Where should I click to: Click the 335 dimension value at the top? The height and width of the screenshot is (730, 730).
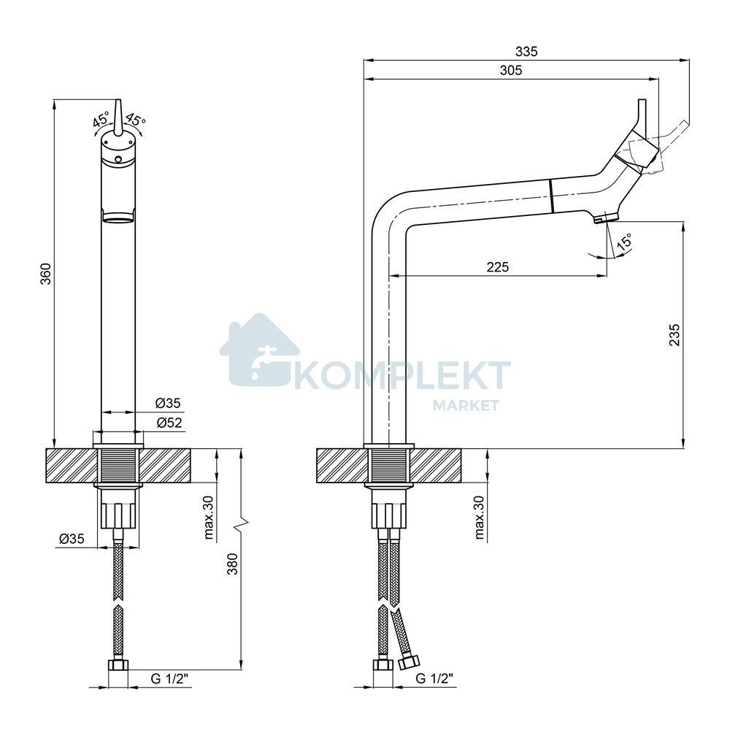tap(526, 51)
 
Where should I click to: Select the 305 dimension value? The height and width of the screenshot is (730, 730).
tap(511, 70)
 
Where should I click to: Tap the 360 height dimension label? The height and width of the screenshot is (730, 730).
tap(45, 274)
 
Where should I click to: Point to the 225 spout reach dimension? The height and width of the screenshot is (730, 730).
tap(498, 267)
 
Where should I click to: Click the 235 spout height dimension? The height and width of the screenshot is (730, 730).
tap(674, 335)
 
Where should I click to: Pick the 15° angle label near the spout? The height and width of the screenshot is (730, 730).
tap(624, 242)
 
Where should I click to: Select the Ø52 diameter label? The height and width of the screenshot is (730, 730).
tap(169, 423)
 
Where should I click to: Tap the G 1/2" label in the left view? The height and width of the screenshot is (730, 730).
tap(169, 679)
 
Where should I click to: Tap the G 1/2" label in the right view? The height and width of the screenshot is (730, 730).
tap(434, 679)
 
